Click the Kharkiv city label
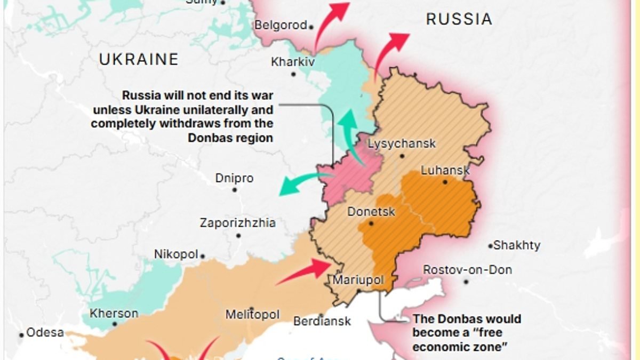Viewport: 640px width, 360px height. tap(293, 62)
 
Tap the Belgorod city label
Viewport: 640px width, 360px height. tap(281, 25)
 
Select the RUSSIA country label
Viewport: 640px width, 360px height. tap(459, 20)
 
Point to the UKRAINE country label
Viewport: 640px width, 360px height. tap(139, 59)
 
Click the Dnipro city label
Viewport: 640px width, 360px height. tap(234, 178)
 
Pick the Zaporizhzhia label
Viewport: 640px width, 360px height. tap(237, 222)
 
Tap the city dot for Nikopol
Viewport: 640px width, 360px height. tap(203, 256)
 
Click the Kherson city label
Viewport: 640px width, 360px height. tap(114, 313)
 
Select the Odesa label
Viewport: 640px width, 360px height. tap(45, 332)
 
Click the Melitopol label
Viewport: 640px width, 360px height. tap(252, 315)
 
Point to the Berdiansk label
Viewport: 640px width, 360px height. tap(322, 321)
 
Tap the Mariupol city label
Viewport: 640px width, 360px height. tap(358, 279)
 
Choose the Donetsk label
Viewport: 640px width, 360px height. tap(371, 212)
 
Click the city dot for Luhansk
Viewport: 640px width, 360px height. tap(444, 182)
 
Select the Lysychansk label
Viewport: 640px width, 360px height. tap(402, 143)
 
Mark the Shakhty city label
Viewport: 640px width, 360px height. tap(517, 245)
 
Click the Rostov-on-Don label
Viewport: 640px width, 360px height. tap(467, 270)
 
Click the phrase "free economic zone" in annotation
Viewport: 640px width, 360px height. tap(459, 340)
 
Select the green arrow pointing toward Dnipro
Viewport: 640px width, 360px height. tap(304, 183)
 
